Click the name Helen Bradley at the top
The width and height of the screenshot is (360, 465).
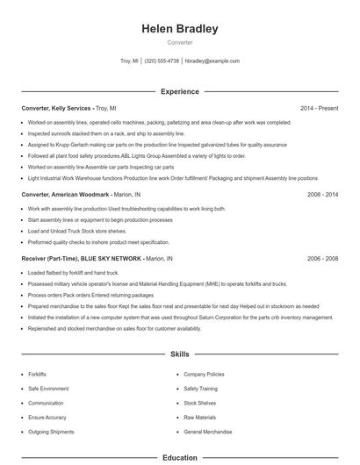(180, 29)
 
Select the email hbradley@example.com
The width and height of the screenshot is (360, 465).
(212, 61)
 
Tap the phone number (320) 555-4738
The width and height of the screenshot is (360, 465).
(162, 61)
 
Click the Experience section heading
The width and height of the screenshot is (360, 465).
(180, 91)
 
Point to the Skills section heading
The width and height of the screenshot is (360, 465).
(180, 354)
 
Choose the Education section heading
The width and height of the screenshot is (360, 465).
(180, 457)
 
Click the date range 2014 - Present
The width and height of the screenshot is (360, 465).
(319, 108)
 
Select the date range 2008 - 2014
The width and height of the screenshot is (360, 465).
(322, 194)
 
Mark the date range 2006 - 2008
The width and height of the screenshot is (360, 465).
(322, 259)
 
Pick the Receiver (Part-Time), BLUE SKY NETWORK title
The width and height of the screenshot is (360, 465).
(82, 259)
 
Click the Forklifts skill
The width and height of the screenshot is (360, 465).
(38, 374)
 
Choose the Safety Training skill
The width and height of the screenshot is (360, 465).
(201, 388)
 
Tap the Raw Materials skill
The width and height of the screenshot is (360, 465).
(199, 418)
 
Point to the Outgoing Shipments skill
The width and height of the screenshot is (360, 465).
(51, 433)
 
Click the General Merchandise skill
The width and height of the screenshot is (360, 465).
(208, 433)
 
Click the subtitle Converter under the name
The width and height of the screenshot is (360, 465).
(180, 42)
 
